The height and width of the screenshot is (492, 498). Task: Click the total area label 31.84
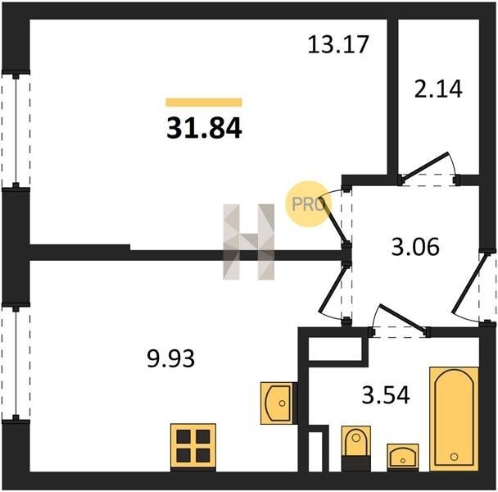(204, 128)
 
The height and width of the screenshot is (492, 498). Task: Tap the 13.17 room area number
(338, 44)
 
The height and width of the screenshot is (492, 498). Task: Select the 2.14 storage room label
(438, 89)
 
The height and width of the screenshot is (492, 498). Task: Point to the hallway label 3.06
(415, 247)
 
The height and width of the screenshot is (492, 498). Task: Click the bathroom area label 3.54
(386, 394)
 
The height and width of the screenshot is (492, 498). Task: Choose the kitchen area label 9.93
(170, 358)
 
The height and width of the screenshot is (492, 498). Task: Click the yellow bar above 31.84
(204, 102)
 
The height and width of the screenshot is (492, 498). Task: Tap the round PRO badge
(309, 204)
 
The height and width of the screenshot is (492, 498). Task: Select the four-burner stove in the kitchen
(193, 447)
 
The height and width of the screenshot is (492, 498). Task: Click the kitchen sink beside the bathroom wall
(278, 403)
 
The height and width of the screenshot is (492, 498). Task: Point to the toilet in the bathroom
(356, 449)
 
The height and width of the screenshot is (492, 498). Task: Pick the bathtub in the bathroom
(454, 419)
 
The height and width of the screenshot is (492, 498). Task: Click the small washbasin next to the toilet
(403, 458)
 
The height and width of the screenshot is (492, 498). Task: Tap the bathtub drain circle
(454, 457)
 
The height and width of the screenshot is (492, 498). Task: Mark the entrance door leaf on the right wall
(470, 284)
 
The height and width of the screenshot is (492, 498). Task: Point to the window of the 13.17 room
(16, 130)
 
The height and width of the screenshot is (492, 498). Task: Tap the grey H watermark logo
(249, 242)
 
